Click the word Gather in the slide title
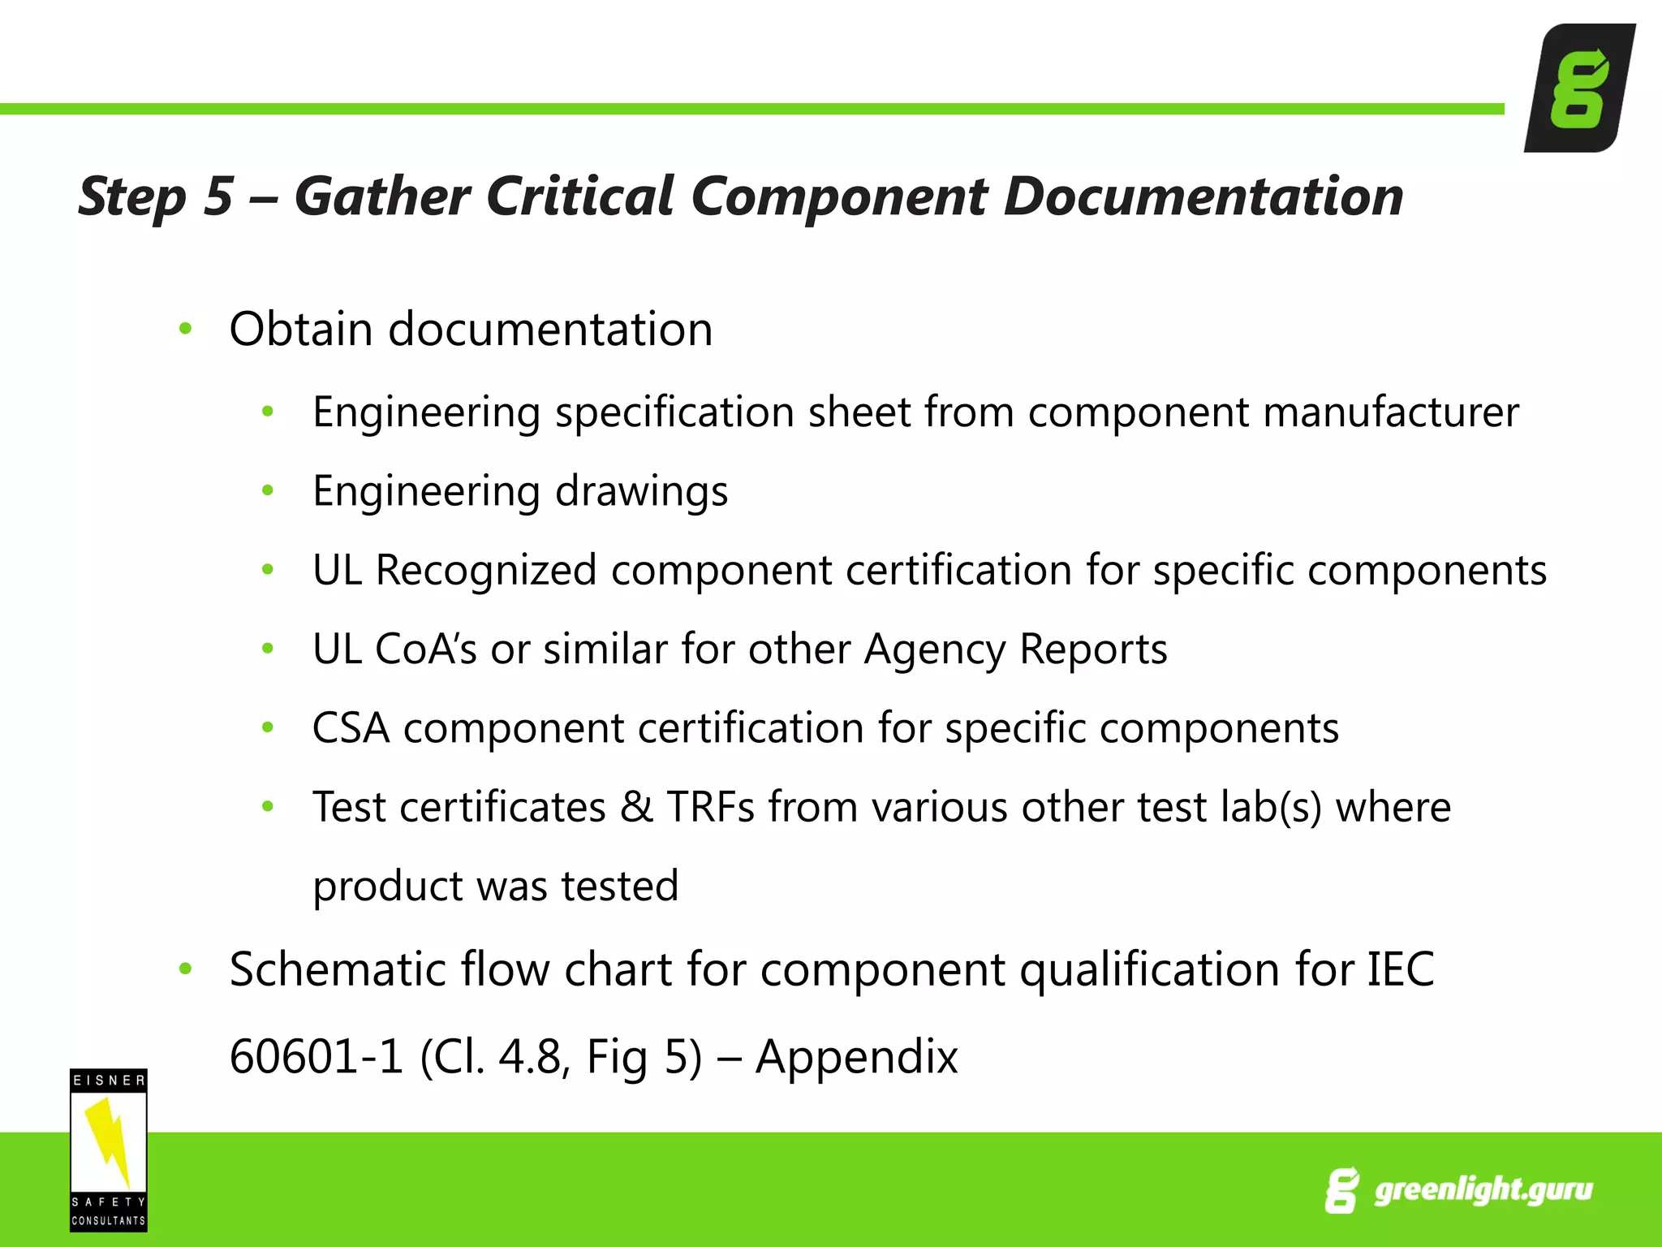381,196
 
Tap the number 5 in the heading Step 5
217,196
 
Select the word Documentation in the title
1203,196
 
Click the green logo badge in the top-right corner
1578,88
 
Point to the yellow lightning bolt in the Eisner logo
109,1141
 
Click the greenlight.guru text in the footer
1483,1190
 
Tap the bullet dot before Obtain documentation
186,329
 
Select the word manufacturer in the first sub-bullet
1391,412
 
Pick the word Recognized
486,570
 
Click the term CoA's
425,649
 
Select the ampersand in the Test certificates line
636,807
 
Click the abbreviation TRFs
710,807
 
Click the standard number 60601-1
316,1057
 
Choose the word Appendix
856,1057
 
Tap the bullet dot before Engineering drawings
268,490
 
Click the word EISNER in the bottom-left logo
109,1081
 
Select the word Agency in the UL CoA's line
933,649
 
